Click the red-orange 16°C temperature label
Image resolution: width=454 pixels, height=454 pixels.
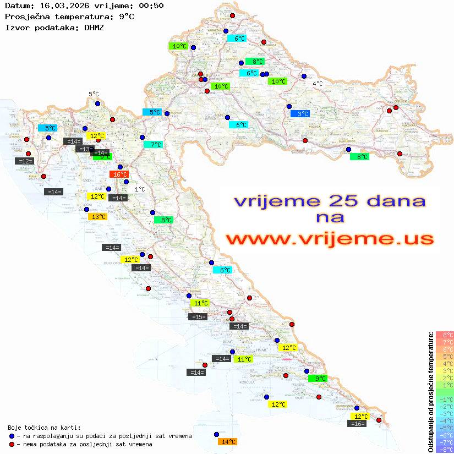tap(119, 174)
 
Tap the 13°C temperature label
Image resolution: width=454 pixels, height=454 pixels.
tap(97, 217)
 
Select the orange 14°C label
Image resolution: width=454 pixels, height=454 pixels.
tap(227, 441)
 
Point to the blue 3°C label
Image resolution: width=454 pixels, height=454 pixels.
tap(300, 114)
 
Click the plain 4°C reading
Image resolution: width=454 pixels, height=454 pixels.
tap(318, 84)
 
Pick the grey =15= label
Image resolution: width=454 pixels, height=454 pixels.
tap(198, 316)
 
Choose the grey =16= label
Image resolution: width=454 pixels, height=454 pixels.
tap(357, 424)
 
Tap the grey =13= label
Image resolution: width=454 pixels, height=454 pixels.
tap(85, 149)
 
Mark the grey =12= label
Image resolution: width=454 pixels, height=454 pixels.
tap(25, 161)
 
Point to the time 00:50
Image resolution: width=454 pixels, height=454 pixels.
tap(151, 6)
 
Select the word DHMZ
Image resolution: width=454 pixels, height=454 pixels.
tap(94, 27)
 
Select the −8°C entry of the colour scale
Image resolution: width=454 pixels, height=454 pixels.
tap(444, 450)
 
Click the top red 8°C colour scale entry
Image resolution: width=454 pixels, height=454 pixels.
tap(444, 335)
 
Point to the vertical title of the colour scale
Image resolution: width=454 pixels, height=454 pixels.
tap(431, 392)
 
